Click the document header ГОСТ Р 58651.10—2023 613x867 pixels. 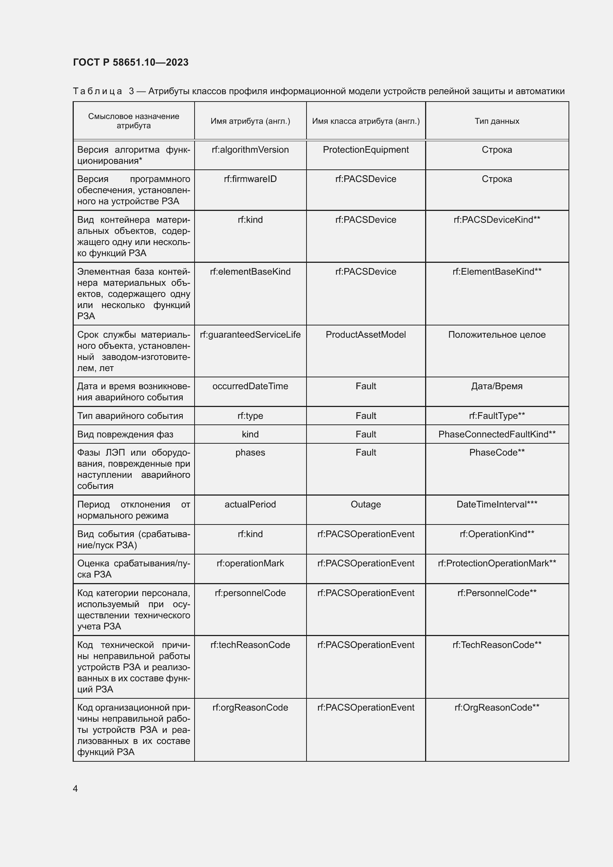[x=130, y=62]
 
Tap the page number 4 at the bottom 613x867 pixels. [x=75, y=788]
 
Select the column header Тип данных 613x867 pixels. [x=497, y=121]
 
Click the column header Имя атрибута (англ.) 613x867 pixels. [x=250, y=121]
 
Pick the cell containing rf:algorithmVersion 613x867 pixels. [x=250, y=150]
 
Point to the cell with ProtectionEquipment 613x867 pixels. [x=365, y=150]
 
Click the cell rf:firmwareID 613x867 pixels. [x=250, y=179]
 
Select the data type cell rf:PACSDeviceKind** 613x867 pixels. [x=497, y=220]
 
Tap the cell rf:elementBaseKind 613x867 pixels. [x=250, y=271]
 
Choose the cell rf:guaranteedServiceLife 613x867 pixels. [x=250, y=335]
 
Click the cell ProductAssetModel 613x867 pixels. [x=365, y=335]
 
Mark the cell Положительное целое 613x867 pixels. [x=497, y=335]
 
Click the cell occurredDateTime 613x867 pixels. [x=250, y=386]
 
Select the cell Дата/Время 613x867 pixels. [x=497, y=386]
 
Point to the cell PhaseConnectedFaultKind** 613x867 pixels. [x=497, y=434]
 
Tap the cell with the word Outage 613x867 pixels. [x=365, y=504]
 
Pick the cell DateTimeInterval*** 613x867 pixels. [x=497, y=504]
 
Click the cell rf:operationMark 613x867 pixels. [x=250, y=563]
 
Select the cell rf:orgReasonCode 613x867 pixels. [x=250, y=708]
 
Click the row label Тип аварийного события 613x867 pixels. [x=130, y=416]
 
